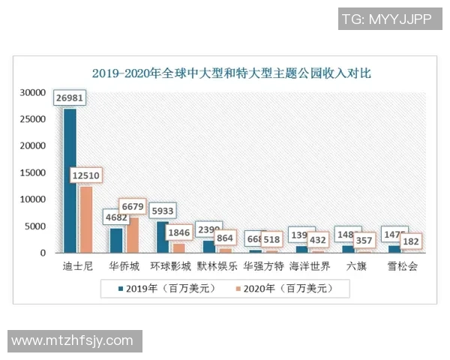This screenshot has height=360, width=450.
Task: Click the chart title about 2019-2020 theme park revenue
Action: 231,73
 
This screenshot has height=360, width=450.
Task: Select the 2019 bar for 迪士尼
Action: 70,180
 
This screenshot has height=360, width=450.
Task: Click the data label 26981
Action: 70,98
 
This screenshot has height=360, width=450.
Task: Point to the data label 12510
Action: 86,175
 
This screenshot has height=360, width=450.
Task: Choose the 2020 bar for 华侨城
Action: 133,235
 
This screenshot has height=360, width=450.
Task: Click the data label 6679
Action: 133,206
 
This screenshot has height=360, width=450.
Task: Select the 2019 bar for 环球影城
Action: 163,237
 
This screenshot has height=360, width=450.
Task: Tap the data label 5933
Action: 163,211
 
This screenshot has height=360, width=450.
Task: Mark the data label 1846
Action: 179,232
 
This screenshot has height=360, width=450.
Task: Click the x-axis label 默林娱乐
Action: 217,266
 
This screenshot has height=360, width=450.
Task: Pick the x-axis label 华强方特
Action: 263,266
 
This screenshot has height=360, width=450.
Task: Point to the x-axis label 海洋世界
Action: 310,266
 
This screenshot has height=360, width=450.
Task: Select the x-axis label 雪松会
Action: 402,266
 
